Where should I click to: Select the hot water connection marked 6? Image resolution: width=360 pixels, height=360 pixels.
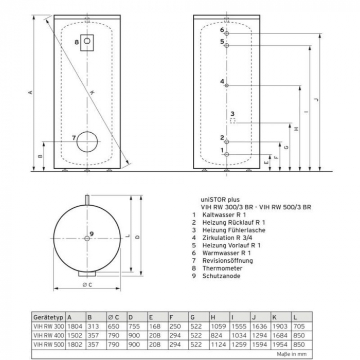coord(227,33)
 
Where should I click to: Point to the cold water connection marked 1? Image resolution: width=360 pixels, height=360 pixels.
coord(227,154)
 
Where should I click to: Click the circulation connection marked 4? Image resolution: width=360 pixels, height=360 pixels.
coord(227,86)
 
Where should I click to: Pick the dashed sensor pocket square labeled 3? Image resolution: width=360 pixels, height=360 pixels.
coord(233,121)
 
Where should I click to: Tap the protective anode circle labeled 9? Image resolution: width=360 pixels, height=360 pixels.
coord(87,239)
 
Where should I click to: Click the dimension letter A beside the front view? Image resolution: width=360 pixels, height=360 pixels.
coord(30,93)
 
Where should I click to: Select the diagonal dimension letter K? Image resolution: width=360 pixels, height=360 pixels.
coord(92,93)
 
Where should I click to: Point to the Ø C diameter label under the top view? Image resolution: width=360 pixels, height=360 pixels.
coord(87,285)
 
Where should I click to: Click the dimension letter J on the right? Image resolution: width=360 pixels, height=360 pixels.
coord(316,100)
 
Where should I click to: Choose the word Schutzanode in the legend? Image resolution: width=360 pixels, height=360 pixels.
coord(221,276)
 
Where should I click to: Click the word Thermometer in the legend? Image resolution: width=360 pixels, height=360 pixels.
coord(222,268)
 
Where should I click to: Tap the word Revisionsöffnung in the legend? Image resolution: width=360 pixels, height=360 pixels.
coord(227,261)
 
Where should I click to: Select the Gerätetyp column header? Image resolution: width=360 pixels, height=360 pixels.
coord(48,317)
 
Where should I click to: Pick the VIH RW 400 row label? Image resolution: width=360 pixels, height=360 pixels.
coord(49,335)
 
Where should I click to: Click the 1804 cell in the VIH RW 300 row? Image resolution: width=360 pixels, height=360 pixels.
coord(75,326)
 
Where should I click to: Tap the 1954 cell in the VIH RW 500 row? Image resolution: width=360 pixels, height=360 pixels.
coord(280,345)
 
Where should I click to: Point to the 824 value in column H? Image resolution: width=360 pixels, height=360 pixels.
coord(217,335)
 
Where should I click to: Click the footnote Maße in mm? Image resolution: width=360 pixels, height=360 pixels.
coord(292,354)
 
